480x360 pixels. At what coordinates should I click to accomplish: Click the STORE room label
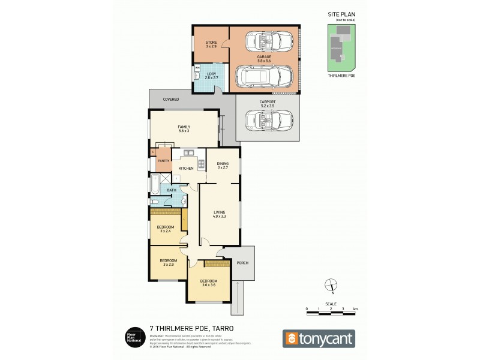pos(211,44)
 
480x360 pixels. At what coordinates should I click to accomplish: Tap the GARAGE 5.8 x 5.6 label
pos(265,59)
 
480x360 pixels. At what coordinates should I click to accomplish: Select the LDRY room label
pos(211,76)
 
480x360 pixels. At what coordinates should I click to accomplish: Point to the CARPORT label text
pos(268,103)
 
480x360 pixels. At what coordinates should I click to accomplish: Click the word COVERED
pos(171,99)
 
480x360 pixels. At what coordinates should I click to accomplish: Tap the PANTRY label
pos(163,161)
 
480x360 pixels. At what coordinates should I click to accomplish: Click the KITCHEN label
pos(186,169)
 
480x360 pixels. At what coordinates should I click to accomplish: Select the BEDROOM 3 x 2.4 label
pos(166,229)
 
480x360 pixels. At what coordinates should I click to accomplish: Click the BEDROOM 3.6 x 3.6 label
pos(208,283)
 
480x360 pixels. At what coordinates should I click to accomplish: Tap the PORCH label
pos(243,263)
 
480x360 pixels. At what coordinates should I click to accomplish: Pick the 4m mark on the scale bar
pos(355,309)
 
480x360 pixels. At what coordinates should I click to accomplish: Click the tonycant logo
pos(319,338)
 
